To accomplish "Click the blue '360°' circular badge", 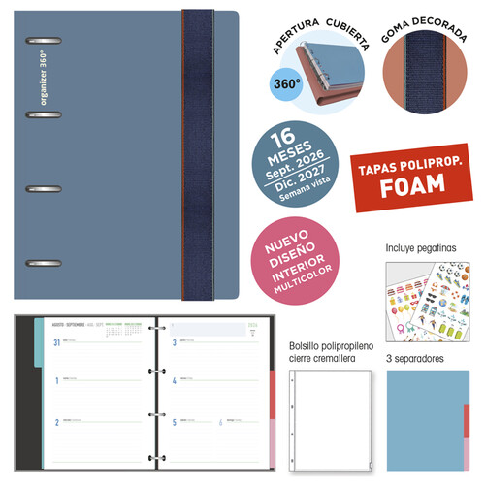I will [287, 84].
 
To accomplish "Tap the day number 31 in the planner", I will [59, 342].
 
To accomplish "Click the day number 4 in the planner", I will [174, 382].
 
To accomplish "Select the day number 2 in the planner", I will [59, 422].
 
